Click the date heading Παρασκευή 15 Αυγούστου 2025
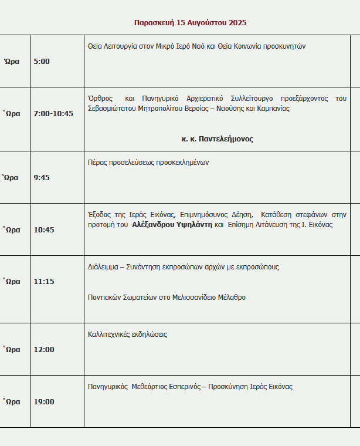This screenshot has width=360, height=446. click(190, 23)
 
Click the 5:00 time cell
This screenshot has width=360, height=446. click(42, 61)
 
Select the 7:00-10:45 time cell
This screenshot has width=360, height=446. click(53, 113)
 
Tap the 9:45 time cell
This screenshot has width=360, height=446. click(42, 177)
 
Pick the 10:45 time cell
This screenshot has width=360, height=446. click(44, 229)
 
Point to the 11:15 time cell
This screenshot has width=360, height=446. click(44, 281)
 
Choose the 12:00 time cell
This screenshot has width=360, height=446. click(44, 349)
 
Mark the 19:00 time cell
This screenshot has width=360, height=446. click(44, 401)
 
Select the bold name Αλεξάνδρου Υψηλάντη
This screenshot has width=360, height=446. click(172, 225)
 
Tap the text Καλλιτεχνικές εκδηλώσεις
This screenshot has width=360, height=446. click(127, 334)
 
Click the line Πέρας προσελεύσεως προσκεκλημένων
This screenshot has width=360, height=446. click(148, 163)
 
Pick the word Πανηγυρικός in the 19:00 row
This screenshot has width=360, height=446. click(108, 387)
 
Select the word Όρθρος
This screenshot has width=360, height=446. click(99, 98)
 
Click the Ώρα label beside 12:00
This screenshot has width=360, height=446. click(12, 349)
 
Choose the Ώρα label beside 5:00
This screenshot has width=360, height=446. click(12, 61)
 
